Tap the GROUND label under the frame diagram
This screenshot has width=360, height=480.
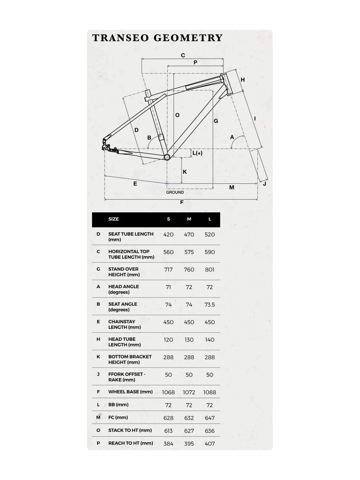point(175,192)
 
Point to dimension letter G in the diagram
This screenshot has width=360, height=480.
point(216,121)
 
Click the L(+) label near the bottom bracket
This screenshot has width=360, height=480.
point(197,153)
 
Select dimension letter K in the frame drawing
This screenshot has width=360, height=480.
point(185,172)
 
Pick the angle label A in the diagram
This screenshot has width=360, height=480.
point(232,137)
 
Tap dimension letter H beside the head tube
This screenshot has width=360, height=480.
point(242,80)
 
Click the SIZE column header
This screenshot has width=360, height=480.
point(114,219)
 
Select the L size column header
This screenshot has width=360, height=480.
point(210,219)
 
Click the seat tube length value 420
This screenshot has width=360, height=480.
point(168,234)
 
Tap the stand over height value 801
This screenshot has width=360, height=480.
point(210,270)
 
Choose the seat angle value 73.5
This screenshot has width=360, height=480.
point(210,305)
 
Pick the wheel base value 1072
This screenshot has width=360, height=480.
point(189,392)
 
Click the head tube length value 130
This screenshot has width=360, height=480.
point(189,340)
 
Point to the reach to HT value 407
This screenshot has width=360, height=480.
point(210,444)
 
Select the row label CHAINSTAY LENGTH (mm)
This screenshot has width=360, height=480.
point(122,324)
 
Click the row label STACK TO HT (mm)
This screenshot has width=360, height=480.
point(130,430)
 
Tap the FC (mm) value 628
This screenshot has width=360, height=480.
point(168,418)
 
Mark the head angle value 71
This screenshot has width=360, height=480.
point(168,287)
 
